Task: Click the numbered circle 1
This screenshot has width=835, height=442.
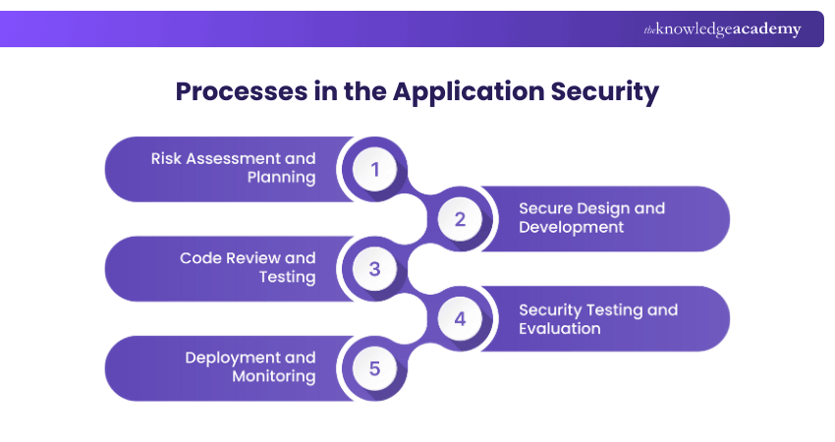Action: click(x=373, y=169)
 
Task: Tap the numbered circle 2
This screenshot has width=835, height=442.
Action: click(x=460, y=219)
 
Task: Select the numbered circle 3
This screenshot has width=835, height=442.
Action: click(x=373, y=269)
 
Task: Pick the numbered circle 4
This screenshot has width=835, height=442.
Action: click(x=460, y=319)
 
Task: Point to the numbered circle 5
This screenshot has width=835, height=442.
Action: click(x=373, y=369)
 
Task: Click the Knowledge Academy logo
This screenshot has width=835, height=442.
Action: click(x=722, y=29)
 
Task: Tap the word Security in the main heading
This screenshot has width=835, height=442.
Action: click(x=604, y=92)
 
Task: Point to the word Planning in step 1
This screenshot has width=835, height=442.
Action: click(x=281, y=178)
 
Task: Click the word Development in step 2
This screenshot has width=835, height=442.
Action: click(x=571, y=227)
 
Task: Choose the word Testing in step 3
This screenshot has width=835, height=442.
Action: click(x=287, y=277)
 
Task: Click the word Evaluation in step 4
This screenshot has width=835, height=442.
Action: click(x=559, y=328)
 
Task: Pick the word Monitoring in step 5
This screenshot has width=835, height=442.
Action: click(x=274, y=376)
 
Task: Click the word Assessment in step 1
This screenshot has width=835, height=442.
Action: click(x=235, y=158)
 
